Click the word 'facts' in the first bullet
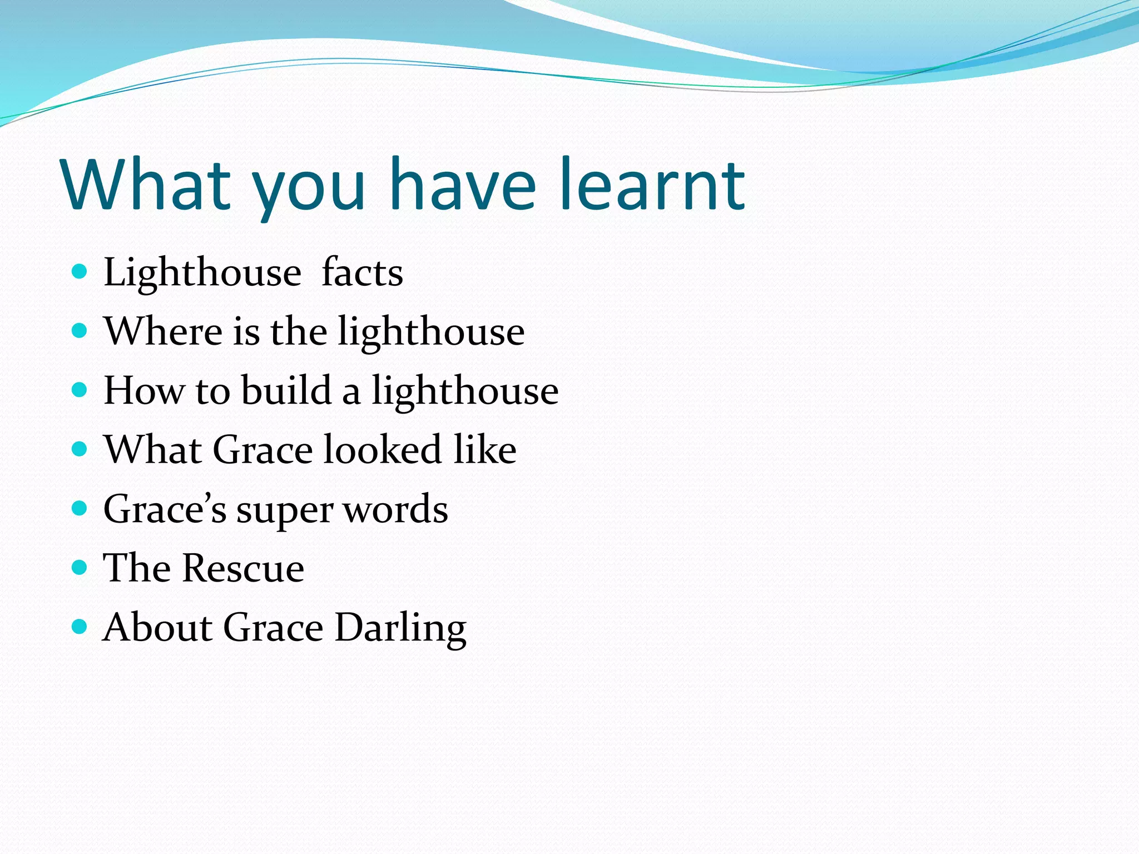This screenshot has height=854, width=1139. [362, 272]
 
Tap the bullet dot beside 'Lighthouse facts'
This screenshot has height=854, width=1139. [80, 271]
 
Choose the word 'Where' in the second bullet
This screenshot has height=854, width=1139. [164, 331]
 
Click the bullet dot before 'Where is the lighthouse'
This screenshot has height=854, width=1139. [80, 331]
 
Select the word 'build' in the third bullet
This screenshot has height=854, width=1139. [286, 390]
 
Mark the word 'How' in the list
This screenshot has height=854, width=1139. [143, 390]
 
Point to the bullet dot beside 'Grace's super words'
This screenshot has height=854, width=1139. [80, 508]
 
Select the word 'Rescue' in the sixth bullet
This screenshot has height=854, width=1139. [244, 568]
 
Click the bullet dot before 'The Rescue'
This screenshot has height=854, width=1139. [80, 567]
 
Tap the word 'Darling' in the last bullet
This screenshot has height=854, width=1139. [400, 628]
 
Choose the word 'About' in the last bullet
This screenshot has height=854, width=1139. [158, 627]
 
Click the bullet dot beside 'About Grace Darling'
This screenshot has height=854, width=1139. [80, 627]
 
